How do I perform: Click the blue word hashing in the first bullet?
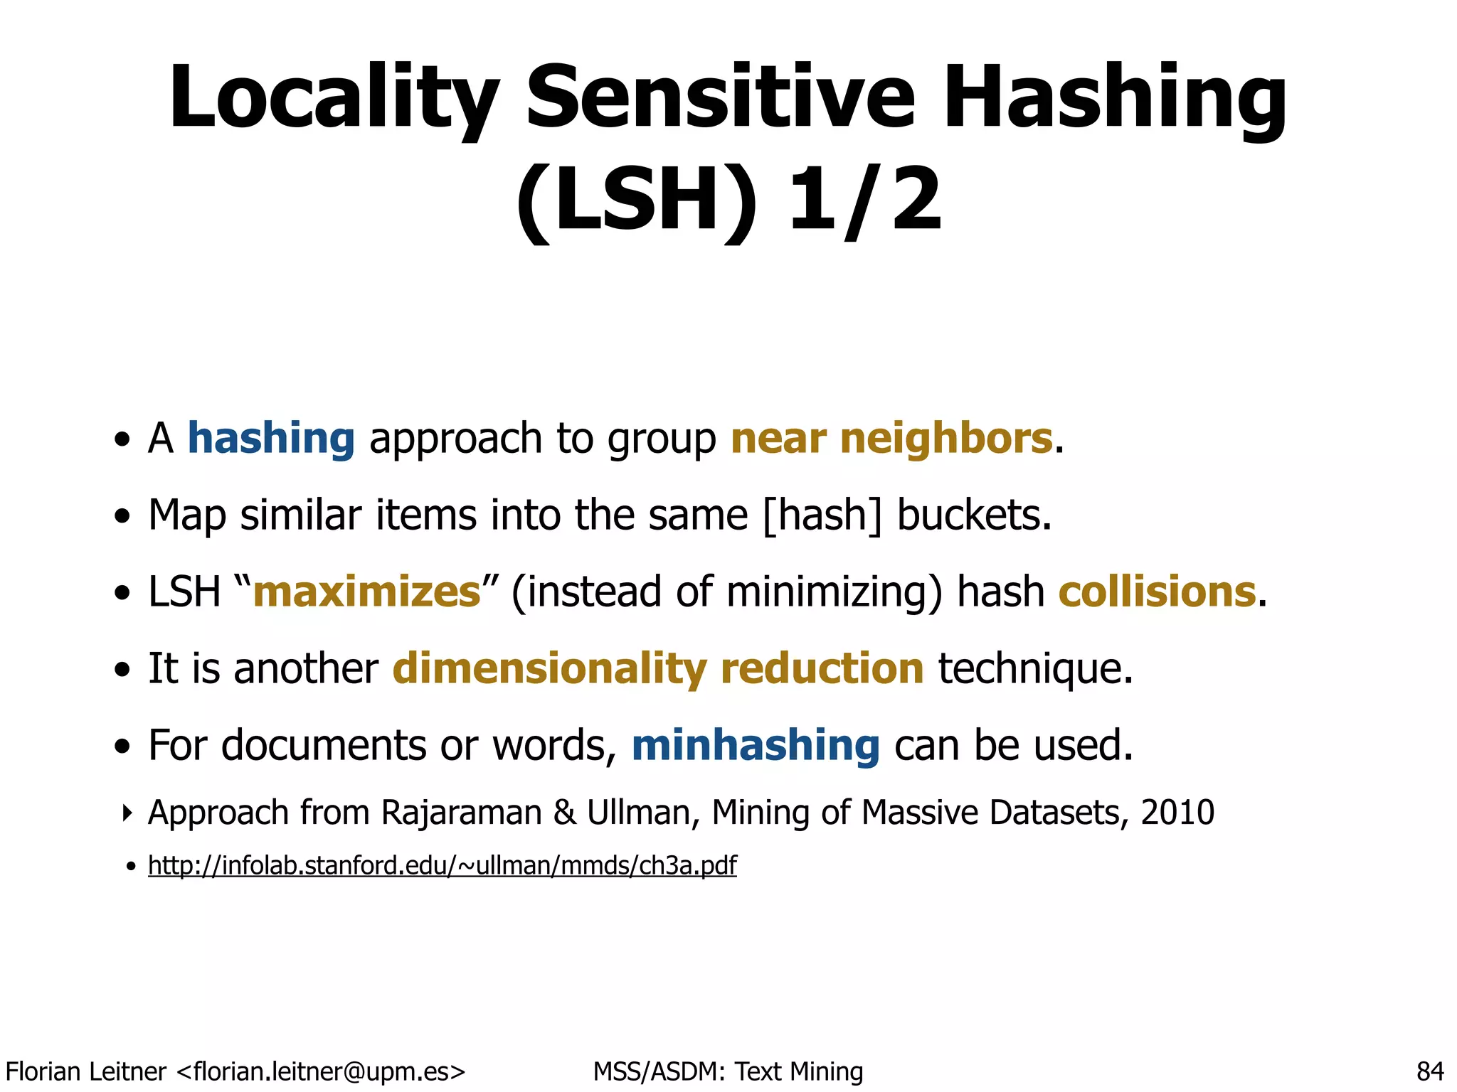pyautogui.click(x=271, y=438)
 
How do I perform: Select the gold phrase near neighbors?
pyautogui.click(x=891, y=438)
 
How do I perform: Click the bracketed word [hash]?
pyautogui.click(x=822, y=515)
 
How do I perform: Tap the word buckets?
pyautogui.click(x=973, y=515)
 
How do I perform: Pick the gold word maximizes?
pyautogui.click(x=367, y=591)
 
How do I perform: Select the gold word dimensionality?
pyautogui.click(x=549, y=668)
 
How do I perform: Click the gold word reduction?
pyautogui.click(x=822, y=668)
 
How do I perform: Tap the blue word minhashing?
pyautogui.click(x=756, y=745)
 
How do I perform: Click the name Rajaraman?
pyautogui.click(x=462, y=812)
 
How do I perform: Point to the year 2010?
pyautogui.click(x=1177, y=812)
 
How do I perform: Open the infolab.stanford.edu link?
pyautogui.click(x=442, y=865)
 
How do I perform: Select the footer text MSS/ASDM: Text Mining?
pyautogui.click(x=728, y=1071)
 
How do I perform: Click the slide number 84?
pyautogui.click(x=1430, y=1071)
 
